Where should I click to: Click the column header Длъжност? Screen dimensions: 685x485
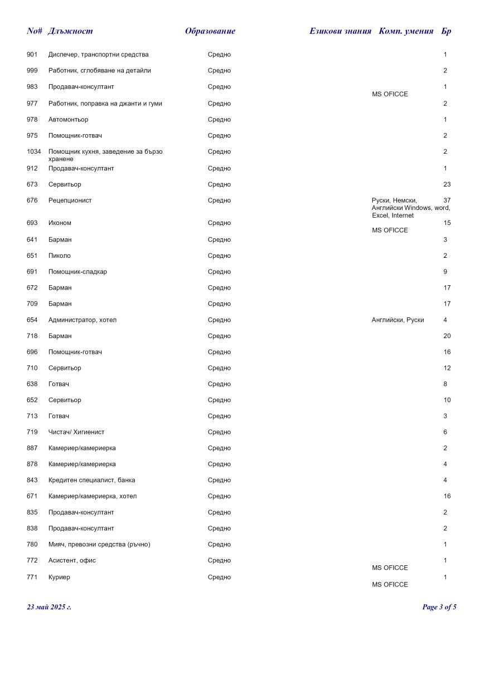click(x=70, y=31)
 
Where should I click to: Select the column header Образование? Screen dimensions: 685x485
click(x=210, y=31)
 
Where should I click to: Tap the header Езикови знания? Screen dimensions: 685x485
click(x=340, y=31)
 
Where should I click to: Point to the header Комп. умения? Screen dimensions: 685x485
click(x=406, y=31)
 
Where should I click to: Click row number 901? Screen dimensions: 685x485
click(x=32, y=55)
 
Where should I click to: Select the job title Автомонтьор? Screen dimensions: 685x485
click(x=68, y=120)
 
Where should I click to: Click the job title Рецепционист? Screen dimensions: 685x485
click(x=70, y=200)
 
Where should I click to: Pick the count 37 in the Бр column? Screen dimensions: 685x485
click(x=447, y=200)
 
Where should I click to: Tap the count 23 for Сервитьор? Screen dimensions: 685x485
click(x=447, y=184)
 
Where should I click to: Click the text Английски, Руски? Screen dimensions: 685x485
click(x=397, y=320)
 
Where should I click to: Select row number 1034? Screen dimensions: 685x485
click(x=33, y=152)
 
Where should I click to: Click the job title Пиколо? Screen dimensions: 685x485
click(x=60, y=256)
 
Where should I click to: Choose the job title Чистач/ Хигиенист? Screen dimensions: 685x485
click(x=76, y=432)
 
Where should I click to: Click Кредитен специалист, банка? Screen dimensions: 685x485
click(x=91, y=481)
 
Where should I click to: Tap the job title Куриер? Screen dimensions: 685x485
click(x=60, y=578)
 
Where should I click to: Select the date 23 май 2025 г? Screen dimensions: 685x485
click(x=49, y=607)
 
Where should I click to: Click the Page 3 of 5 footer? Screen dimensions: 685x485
click(x=439, y=607)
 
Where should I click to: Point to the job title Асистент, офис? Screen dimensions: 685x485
click(x=72, y=561)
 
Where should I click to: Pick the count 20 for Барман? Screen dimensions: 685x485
click(x=447, y=336)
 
